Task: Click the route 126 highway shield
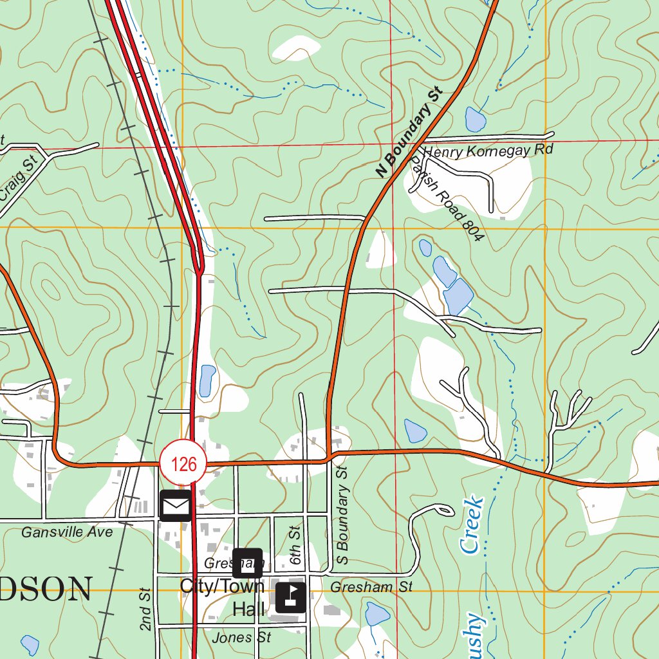tap(183, 463)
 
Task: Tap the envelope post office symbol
tap(175, 505)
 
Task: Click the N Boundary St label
tap(410, 135)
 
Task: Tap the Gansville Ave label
tap(67, 532)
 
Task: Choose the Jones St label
tap(241, 638)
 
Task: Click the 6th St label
tap(295, 544)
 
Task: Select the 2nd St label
tap(145, 609)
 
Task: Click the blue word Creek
tap(471, 524)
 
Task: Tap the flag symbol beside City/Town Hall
tap(291, 597)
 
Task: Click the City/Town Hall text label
tap(223, 597)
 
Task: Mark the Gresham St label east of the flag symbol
tap(371, 587)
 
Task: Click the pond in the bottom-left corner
tap(30, 644)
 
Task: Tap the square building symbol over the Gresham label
tap(247, 562)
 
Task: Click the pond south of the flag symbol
tap(377, 615)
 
